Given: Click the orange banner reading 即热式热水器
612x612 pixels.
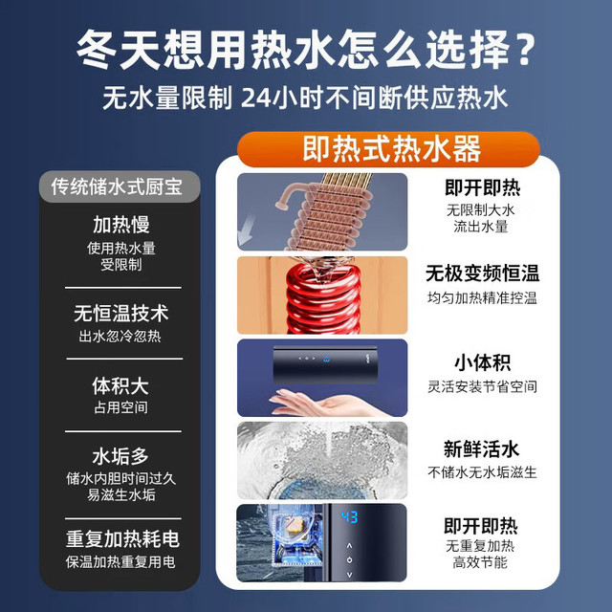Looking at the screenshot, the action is (x=388, y=149).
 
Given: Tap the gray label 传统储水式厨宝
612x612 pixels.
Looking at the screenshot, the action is (x=119, y=186).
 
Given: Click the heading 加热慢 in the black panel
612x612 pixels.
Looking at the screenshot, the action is (x=121, y=225).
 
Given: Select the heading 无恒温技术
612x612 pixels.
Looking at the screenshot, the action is (x=121, y=314).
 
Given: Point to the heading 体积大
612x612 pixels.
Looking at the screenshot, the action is (x=120, y=385).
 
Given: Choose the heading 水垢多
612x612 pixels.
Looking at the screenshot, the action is (x=120, y=456).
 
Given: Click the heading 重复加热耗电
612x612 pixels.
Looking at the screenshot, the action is (x=122, y=539).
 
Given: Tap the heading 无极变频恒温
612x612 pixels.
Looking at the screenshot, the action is (x=482, y=273).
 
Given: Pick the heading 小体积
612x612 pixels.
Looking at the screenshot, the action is (x=482, y=362).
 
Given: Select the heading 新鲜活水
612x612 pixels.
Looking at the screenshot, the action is (x=481, y=448).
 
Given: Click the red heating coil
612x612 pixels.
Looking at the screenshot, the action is (x=323, y=297).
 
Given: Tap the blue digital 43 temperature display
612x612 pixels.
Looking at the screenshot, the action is (x=349, y=517).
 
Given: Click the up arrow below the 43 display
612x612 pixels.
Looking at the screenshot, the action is (x=349, y=545).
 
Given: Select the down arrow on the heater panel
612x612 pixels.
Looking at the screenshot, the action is (x=349, y=575).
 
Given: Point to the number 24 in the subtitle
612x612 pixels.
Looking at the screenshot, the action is (x=255, y=98).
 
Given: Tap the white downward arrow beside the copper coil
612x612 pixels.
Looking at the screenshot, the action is (x=246, y=231).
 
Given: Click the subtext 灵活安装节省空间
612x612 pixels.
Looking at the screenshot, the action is (x=482, y=386).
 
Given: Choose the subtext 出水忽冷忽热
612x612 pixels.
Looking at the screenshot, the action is (x=120, y=336).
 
